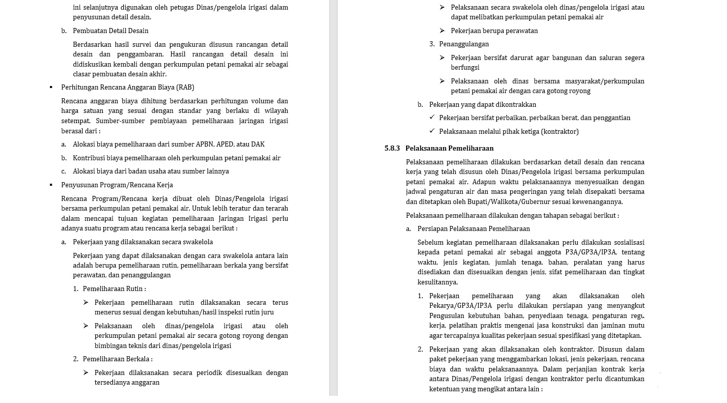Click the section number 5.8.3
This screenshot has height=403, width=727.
[392, 149]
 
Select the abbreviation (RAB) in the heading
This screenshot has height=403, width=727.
[185, 88]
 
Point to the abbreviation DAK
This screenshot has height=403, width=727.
[258, 145]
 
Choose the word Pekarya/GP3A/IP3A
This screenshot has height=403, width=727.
[460, 306]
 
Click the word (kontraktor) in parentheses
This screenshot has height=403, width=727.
[560, 132]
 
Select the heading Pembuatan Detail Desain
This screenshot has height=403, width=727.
[110, 31]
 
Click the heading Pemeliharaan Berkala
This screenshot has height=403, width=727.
[117, 359]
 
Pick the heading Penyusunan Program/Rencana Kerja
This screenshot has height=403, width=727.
[117, 185]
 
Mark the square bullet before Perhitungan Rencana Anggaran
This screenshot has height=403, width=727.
[51, 88]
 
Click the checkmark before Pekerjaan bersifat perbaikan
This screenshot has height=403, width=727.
[432, 118]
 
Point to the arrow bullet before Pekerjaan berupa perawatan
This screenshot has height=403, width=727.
[442, 31]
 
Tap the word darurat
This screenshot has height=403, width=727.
[549, 58]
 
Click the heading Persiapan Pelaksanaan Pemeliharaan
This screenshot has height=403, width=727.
[473, 229]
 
